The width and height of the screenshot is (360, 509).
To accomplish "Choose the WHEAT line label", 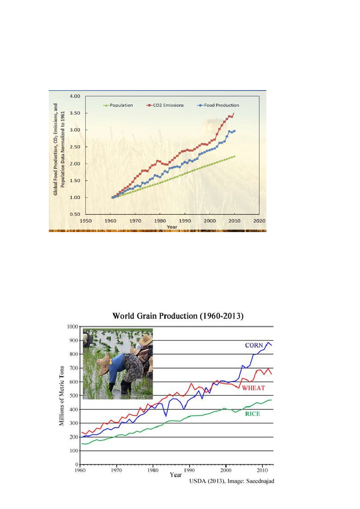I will pyautogui.click(x=254, y=388).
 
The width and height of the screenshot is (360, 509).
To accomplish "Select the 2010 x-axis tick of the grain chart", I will pyautogui.click(x=262, y=470).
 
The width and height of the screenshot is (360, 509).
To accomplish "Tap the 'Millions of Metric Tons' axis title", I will pyautogui.click(x=63, y=395).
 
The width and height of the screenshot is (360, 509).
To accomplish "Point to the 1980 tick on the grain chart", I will pyautogui.click(x=152, y=470).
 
